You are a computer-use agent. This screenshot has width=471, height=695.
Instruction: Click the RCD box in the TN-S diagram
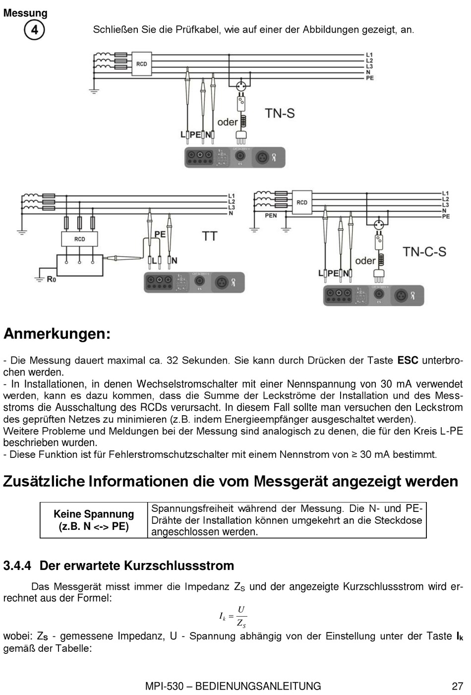142,64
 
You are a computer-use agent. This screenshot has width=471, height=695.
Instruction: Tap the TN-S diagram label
280,113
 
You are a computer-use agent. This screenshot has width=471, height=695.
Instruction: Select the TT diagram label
210,236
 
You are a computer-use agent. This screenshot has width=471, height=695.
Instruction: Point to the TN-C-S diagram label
424,252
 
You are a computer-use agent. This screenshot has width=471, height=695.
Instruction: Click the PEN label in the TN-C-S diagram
271,215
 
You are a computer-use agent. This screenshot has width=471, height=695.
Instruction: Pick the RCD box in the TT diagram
79,239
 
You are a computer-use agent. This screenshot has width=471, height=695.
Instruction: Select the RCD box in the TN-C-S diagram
302,202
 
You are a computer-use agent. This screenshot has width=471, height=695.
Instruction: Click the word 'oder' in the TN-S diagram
228,122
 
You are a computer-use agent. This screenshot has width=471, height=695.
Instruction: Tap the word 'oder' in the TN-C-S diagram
365,260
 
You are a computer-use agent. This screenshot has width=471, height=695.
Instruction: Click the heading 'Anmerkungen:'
57,334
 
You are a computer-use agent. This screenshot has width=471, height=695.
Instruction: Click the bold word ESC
408,361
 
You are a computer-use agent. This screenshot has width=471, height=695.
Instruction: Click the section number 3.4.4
17,566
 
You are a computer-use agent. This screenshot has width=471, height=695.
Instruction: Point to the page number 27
457,686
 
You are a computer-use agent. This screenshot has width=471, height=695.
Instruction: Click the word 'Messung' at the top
25,13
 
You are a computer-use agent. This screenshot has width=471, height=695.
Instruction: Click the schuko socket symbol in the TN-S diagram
241,85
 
